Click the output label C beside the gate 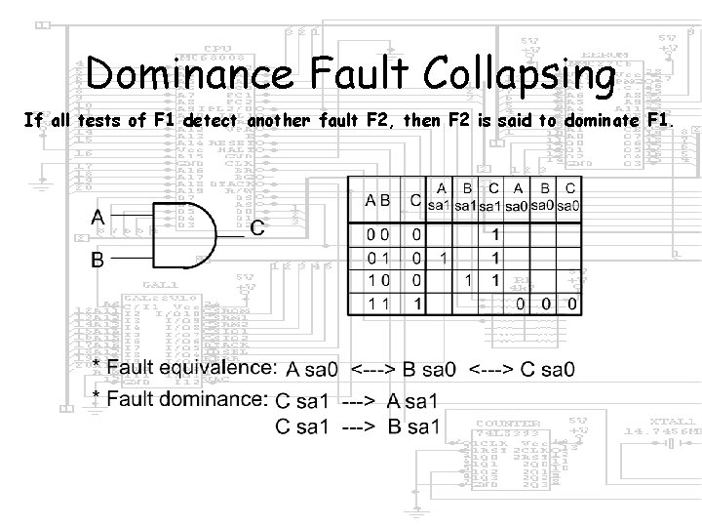click(257, 227)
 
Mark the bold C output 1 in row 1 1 click(417, 304)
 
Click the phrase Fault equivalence click(194, 368)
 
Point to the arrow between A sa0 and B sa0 click(388, 370)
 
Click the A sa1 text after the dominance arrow click(412, 400)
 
